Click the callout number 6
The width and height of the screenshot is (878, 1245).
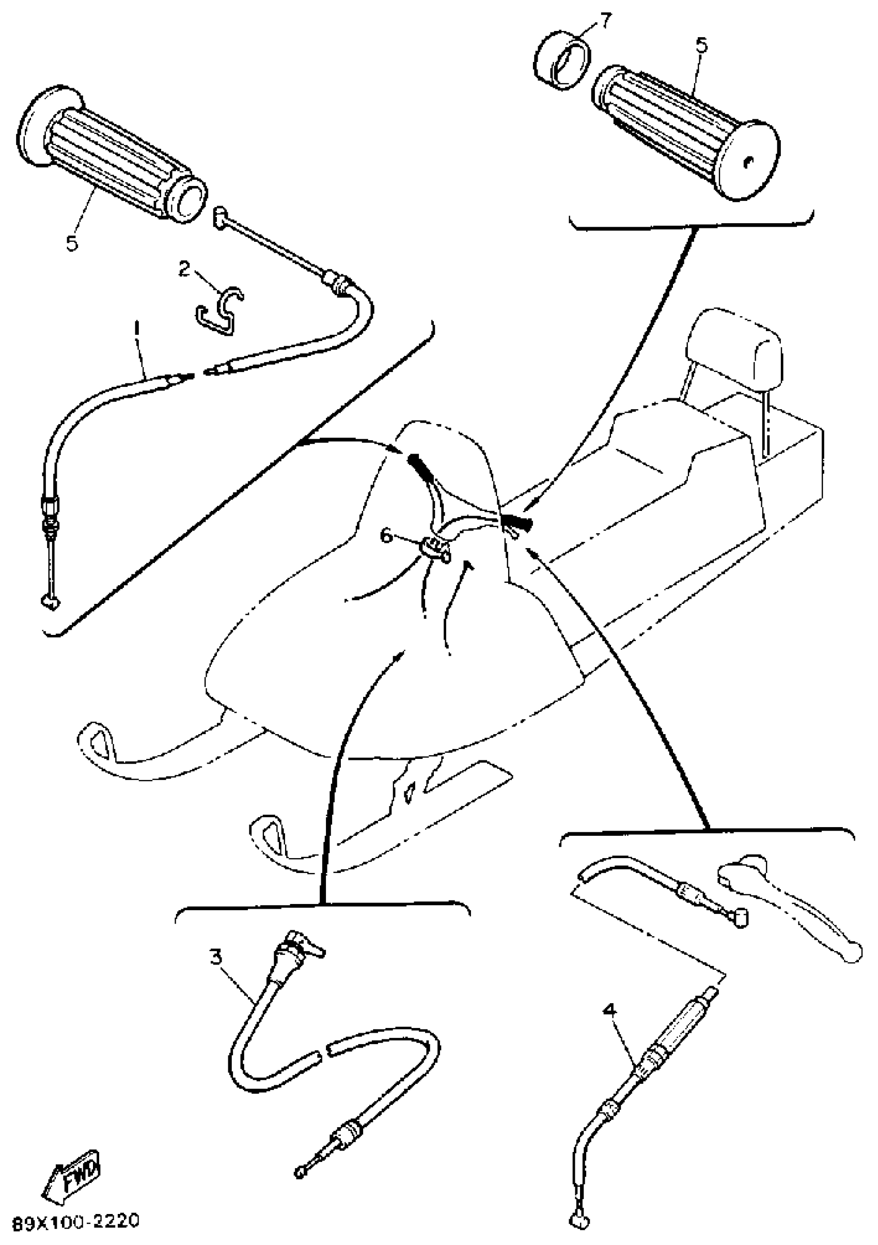click(386, 536)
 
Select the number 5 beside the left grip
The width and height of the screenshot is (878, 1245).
click(72, 243)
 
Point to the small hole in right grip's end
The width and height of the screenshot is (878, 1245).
click(748, 161)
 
